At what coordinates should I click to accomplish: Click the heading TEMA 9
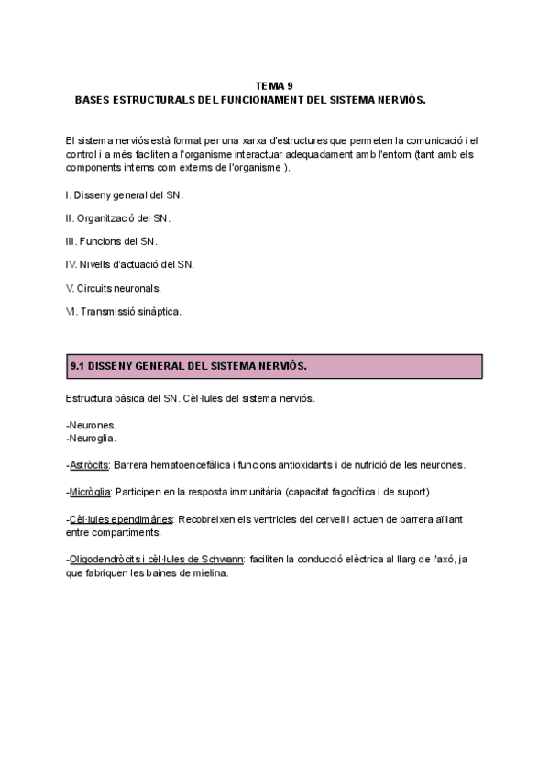(x=274, y=84)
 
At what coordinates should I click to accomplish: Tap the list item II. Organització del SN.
(x=118, y=218)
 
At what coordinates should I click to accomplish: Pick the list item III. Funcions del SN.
(x=112, y=241)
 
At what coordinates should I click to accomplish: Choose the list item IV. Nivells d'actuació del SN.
(x=130, y=264)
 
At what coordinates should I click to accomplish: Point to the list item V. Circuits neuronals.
(x=114, y=287)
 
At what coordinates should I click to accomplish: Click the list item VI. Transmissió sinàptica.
(x=124, y=311)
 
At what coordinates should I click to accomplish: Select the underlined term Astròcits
(x=90, y=464)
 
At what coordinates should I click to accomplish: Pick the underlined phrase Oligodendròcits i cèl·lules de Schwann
(x=156, y=559)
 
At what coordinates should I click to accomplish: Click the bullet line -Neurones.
(x=92, y=425)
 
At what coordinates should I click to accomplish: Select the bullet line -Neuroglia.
(x=92, y=438)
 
